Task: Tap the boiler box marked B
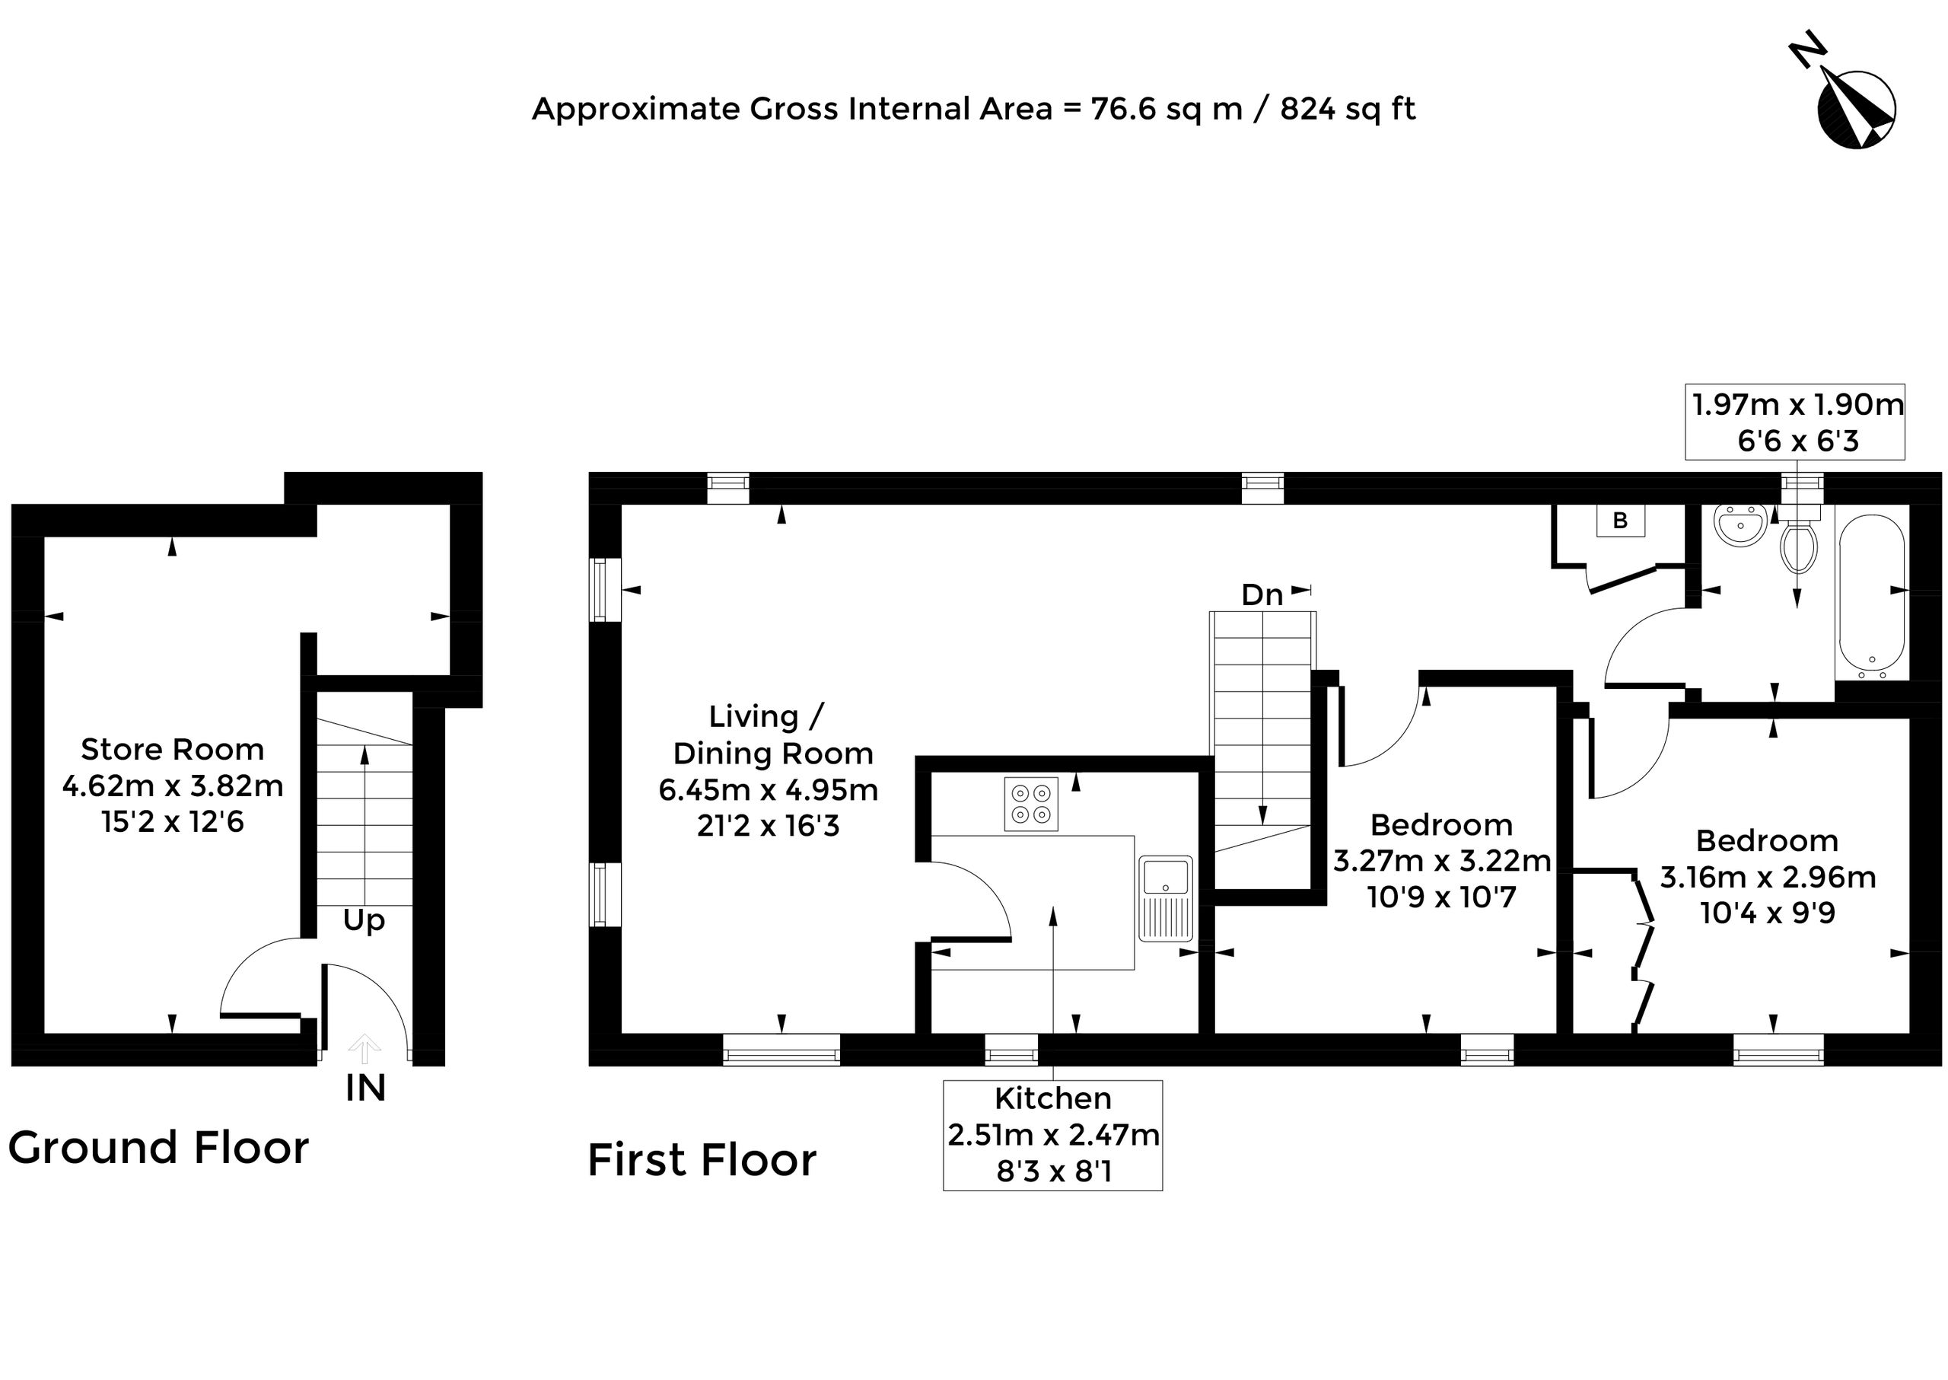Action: pos(1620,520)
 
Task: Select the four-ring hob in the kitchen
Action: pos(1030,803)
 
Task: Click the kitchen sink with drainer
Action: pos(1166,898)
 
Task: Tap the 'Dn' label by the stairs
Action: pos(1262,594)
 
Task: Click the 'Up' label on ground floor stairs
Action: pos(364,921)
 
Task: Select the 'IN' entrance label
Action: pos(365,1088)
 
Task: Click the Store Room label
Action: pos(173,750)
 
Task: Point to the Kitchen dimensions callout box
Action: pos(1052,1135)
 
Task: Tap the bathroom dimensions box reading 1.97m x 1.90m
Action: pos(1795,422)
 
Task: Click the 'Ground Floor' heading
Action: pos(159,1148)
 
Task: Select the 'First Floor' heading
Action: pos(702,1160)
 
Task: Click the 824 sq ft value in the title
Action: pos(1348,109)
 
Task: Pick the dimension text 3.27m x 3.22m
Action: pos(1442,861)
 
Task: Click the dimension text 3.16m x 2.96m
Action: pos(1768,877)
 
